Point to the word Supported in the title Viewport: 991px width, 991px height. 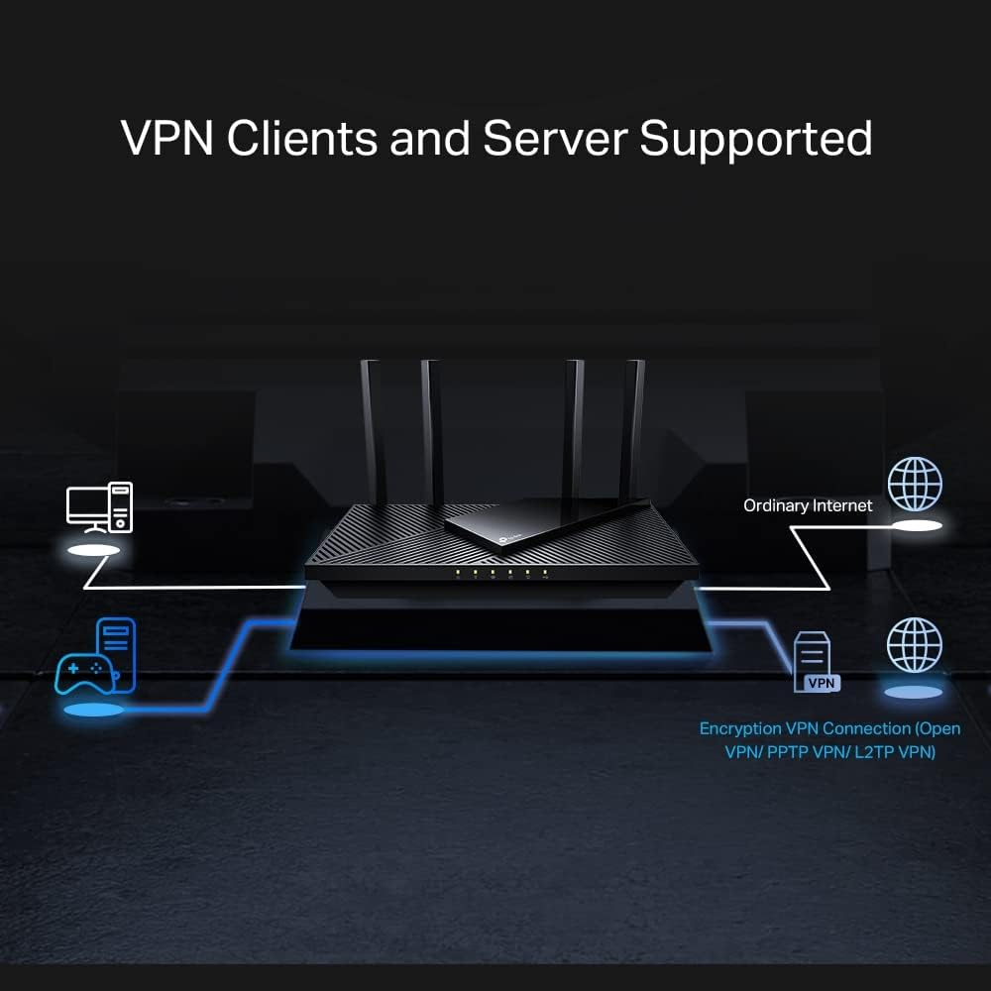tap(756, 139)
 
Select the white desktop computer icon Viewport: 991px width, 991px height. tap(99, 507)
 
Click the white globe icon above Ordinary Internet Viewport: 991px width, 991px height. tap(915, 485)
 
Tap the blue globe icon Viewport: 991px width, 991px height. tap(915, 645)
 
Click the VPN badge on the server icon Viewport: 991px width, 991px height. tap(820, 682)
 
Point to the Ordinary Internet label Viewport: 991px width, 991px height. tap(808, 505)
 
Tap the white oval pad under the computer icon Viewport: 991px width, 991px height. tap(96, 548)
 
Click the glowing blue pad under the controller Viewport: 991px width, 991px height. tap(94, 711)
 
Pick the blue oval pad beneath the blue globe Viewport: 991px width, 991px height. tap(914, 691)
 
